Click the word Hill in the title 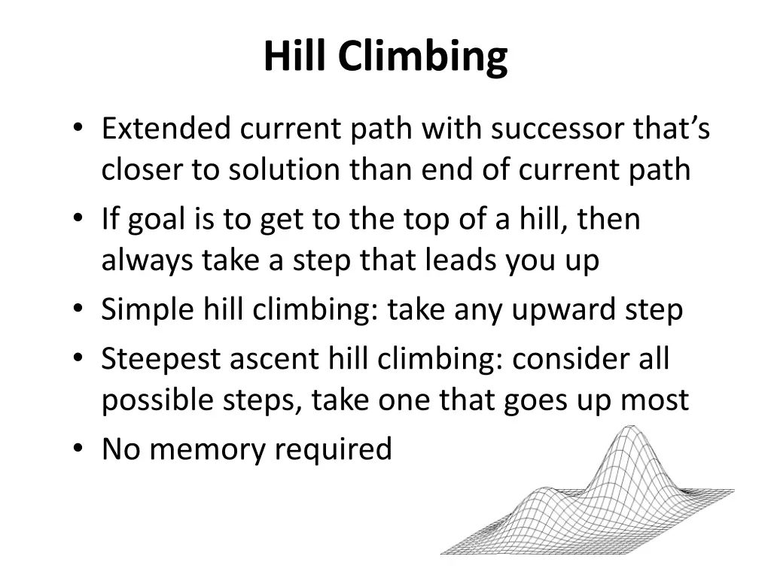(x=296, y=56)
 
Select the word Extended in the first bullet (x=155, y=129)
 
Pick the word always (x=148, y=261)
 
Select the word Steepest (x=162, y=359)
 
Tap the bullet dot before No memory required (x=79, y=449)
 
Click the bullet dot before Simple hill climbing (x=79, y=309)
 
